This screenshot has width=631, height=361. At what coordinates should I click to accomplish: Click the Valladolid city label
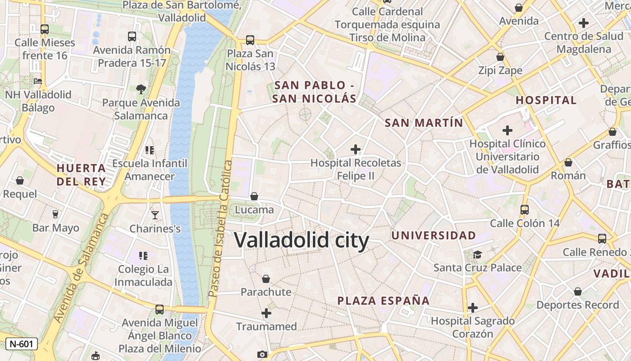pos(302,241)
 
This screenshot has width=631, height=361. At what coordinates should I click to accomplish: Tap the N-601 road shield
pos(21,344)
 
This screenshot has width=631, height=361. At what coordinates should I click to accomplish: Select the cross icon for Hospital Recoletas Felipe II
pos(356,149)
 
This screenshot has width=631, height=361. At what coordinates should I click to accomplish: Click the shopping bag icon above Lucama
pos(254,196)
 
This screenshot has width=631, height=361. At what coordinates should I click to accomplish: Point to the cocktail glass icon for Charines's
pos(155,215)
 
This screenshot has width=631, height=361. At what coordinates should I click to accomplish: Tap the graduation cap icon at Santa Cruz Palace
pos(477,255)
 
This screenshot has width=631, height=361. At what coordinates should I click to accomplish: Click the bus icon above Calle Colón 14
pos(524,209)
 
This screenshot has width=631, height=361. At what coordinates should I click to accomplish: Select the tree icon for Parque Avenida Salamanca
pos(141,89)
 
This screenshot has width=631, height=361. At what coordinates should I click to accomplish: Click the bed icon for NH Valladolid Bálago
pos(38,81)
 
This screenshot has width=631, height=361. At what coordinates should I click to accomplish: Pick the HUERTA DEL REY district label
pos(81,175)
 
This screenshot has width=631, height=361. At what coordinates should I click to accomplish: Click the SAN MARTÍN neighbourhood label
pos(424,123)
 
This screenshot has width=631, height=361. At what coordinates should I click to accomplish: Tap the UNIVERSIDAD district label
pos(434,235)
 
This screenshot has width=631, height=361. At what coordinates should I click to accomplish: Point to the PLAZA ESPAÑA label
pos(384,301)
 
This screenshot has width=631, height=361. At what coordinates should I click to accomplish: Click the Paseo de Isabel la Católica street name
pos(220,228)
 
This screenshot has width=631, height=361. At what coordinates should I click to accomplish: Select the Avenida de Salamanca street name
pos(82,268)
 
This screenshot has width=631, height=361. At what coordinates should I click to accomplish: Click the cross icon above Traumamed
pos(266,313)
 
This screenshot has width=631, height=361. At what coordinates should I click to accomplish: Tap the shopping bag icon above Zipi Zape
pos(500,57)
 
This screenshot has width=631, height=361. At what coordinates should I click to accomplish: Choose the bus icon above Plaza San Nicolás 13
pos(250,40)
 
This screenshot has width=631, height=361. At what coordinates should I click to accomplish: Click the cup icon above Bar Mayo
pos(55,214)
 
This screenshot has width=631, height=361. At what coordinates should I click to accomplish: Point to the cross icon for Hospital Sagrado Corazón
pos(472,308)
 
